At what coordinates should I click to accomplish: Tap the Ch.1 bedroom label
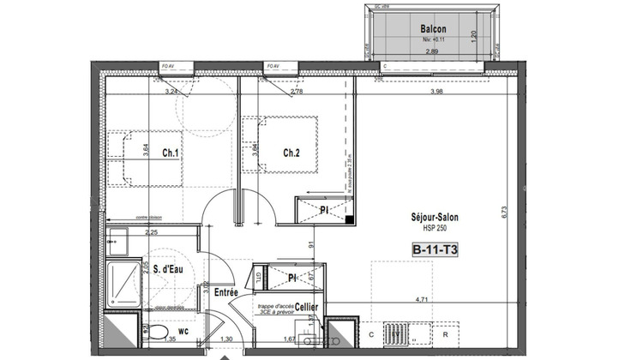[x=169, y=153]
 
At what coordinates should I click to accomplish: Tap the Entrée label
[x=226, y=293]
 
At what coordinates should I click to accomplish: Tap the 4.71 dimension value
[x=422, y=300]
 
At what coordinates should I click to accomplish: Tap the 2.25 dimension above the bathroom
[x=152, y=232]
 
